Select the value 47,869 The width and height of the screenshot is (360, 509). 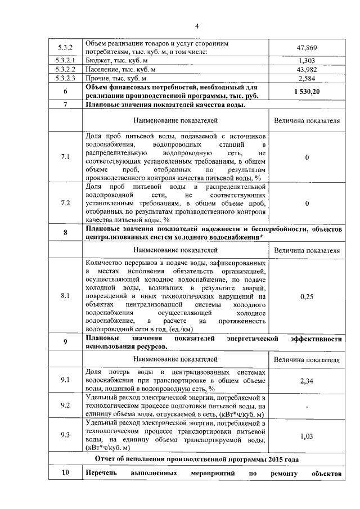click(307, 48)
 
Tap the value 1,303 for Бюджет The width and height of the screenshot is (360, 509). click(307, 60)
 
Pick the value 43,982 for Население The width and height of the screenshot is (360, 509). click(307, 69)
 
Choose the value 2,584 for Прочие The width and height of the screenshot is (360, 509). click(307, 78)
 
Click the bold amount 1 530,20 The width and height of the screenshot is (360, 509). click(307, 92)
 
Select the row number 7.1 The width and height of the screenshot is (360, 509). click(65, 157)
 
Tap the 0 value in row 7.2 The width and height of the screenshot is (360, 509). click(307, 203)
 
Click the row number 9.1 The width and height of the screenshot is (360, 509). click(65, 381)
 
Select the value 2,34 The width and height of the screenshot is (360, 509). click(307, 381)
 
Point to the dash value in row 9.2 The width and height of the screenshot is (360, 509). click(307, 406)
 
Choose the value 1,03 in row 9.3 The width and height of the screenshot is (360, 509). click(307, 435)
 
